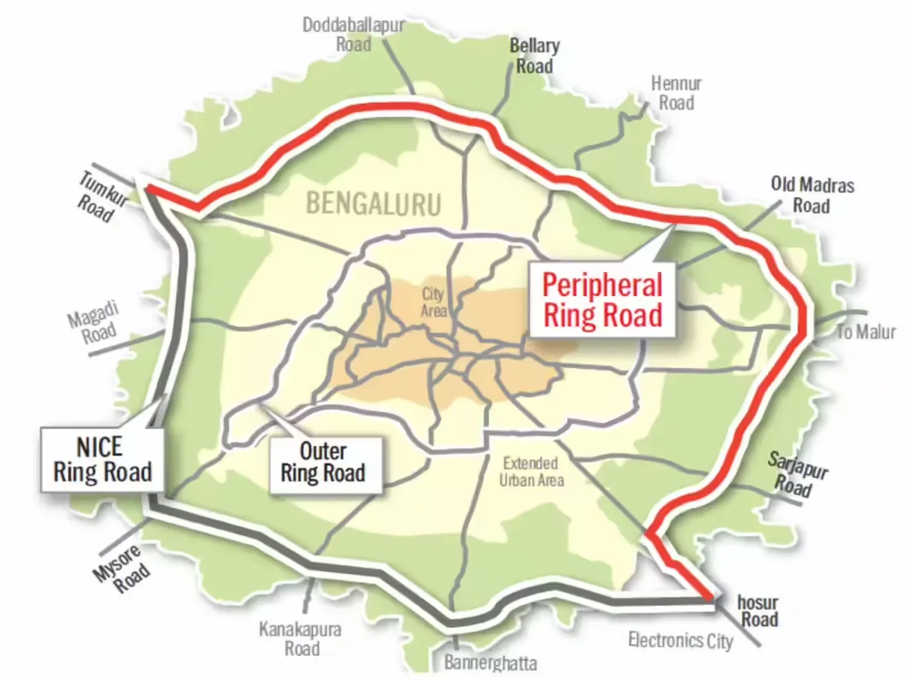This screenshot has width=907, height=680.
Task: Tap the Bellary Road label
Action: click(x=534, y=56)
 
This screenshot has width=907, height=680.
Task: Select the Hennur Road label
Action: click(x=676, y=93)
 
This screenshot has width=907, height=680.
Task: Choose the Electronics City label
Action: click(x=680, y=641)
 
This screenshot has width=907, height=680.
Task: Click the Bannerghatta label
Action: click(x=491, y=664)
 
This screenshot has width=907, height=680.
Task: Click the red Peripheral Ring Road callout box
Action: click(x=602, y=299)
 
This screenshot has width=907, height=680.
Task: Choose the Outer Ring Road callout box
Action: click(x=323, y=462)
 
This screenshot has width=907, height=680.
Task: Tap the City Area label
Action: click(x=434, y=301)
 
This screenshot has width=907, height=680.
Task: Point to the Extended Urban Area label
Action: click(x=531, y=471)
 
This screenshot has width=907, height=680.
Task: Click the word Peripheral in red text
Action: click(x=602, y=285)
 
